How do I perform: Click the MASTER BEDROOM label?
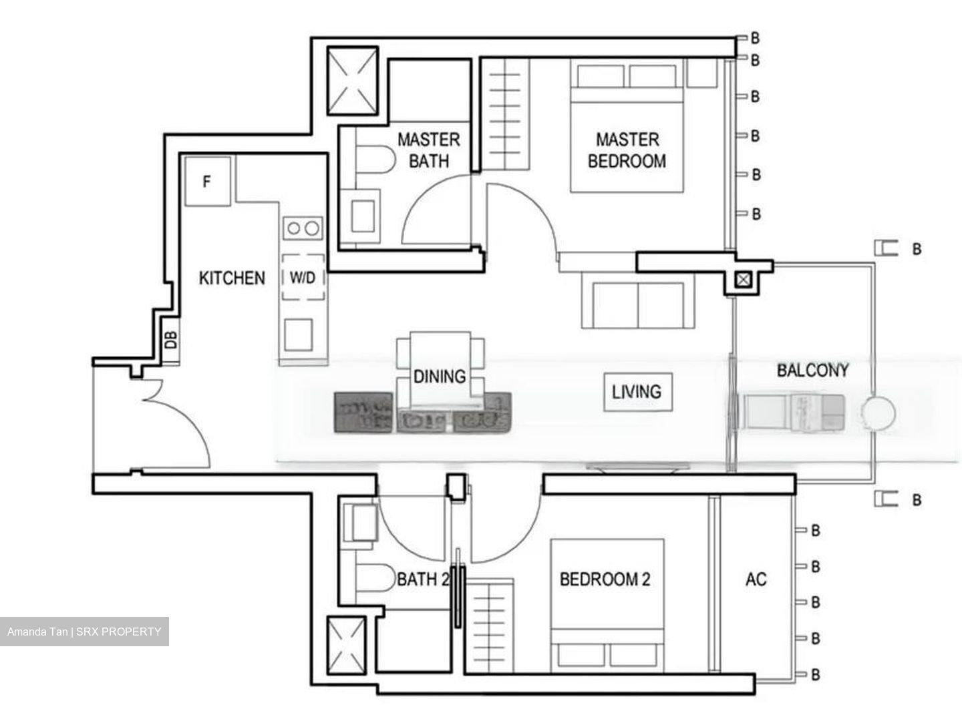627,150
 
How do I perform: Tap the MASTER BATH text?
428,150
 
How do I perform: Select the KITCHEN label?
232,278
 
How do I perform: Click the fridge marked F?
207,181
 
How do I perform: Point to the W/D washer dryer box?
303,277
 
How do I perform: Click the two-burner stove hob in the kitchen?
303,228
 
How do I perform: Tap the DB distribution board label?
172,341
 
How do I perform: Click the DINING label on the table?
440,377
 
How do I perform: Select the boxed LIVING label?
637,391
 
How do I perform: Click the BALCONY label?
812,370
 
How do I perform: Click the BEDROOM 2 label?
605,579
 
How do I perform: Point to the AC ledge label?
756,579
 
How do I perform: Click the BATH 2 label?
422,579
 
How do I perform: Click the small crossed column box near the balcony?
742,280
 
